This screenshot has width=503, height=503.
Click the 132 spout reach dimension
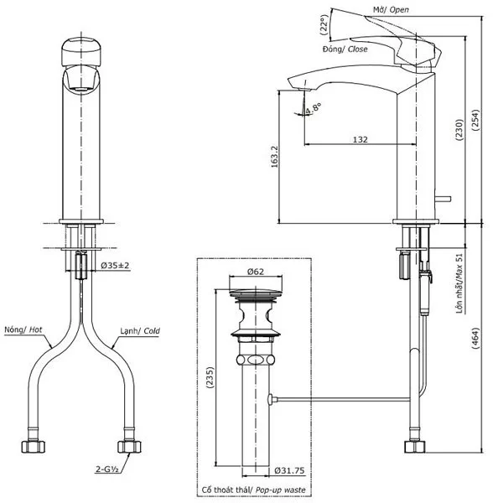point(360,139)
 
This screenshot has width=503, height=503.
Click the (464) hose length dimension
point(476,338)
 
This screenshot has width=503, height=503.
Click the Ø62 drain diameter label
point(256,272)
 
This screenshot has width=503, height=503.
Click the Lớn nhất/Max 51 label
point(459,285)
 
